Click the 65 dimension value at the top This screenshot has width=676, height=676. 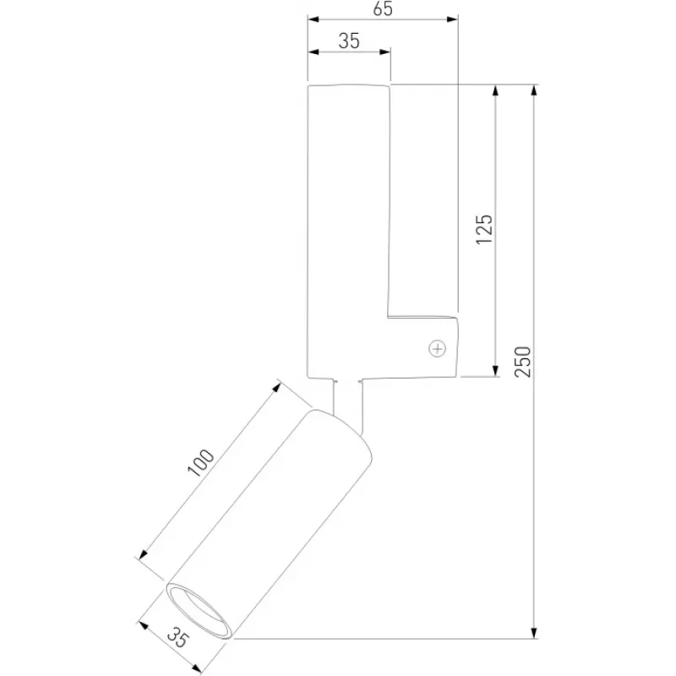click(x=383, y=8)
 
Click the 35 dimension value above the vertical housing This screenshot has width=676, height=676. click(x=349, y=41)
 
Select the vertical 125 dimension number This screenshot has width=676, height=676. click(x=484, y=229)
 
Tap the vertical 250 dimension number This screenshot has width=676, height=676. click(x=523, y=362)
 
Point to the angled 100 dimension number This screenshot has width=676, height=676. click(x=200, y=462)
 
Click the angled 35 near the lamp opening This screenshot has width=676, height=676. click(x=178, y=638)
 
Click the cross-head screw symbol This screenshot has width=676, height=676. click(x=437, y=348)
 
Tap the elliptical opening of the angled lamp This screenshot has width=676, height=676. click(x=199, y=609)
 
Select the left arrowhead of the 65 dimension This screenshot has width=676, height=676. click(x=313, y=19)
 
